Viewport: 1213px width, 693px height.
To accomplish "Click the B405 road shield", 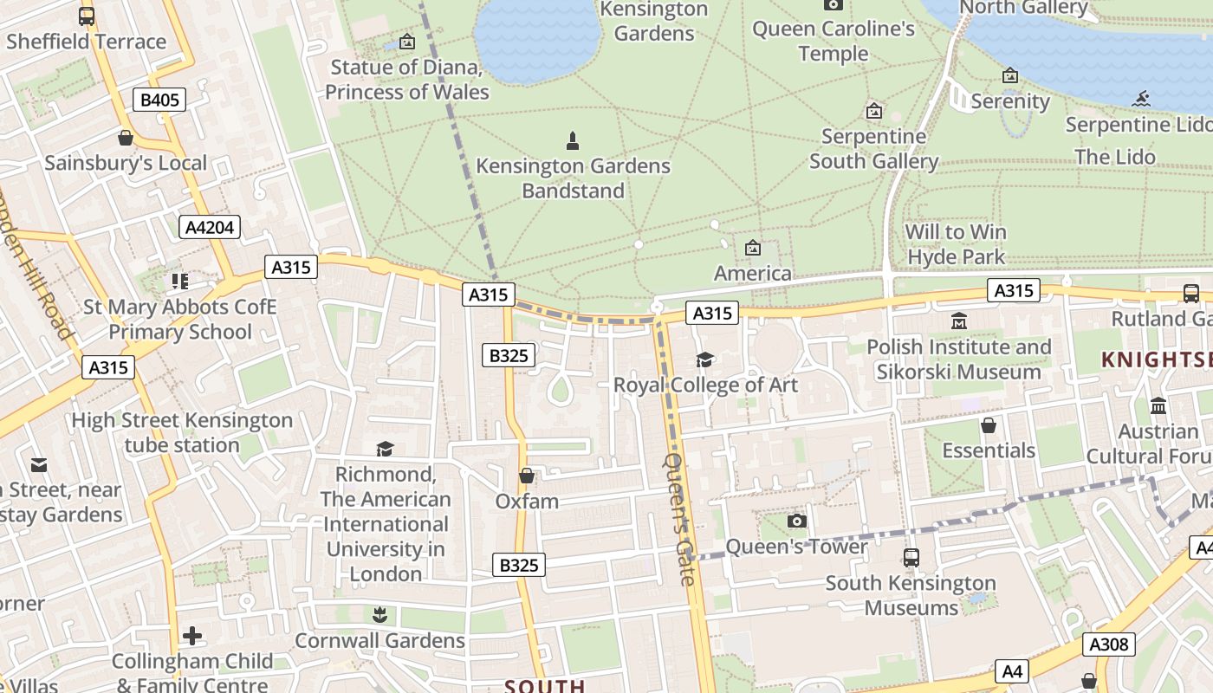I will (159, 100).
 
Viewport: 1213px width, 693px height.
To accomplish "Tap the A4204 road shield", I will (210, 227).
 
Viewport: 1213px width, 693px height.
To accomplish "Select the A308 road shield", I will (1108, 644).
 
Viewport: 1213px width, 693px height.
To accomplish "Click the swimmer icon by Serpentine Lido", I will (1140, 99).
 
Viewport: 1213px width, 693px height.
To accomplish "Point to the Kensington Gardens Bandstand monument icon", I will (572, 140).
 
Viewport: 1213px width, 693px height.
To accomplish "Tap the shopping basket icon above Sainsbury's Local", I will (126, 138).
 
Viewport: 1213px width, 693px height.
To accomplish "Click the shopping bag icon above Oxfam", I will (526, 476).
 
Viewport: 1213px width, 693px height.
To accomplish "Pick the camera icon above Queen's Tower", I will (796, 521).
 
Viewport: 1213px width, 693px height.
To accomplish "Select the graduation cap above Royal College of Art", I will (705, 359).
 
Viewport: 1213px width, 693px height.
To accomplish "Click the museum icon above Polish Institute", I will (958, 321).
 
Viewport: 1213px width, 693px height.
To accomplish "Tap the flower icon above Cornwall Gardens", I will (379, 615).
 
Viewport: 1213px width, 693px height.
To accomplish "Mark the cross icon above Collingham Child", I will (192, 636).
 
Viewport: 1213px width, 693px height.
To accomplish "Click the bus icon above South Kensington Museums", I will (911, 558).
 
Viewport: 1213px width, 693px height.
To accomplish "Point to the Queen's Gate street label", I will (681, 519).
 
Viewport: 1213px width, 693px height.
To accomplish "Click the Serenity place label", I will (1010, 100).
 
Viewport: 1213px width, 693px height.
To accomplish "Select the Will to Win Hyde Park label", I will (956, 244).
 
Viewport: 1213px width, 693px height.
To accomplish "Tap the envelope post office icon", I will (39, 465).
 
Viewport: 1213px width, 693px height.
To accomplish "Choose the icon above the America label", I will (752, 249).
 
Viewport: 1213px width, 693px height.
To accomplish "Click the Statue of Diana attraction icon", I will (406, 42).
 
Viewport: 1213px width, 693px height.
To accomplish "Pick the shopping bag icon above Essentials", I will (988, 425).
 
